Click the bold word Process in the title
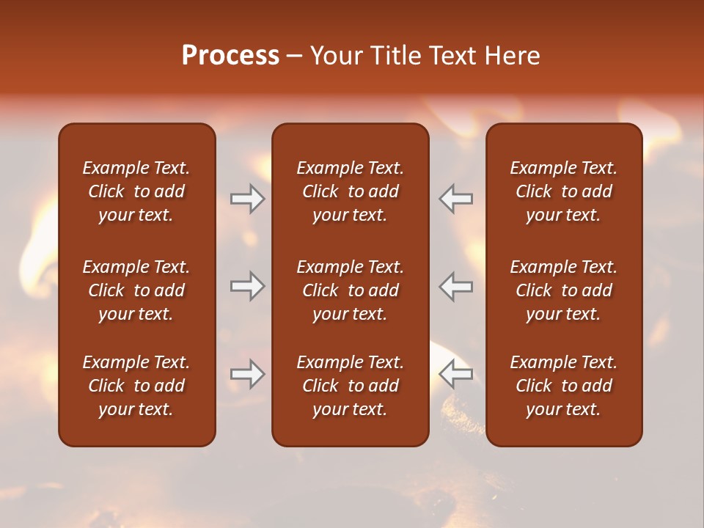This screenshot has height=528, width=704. pyautogui.click(x=230, y=56)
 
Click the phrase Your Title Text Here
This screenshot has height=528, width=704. pyautogui.click(x=425, y=56)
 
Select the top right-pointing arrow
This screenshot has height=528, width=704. pyautogui.click(x=247, y=199)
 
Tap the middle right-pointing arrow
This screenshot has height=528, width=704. pyautogui.click(x=247, y=286)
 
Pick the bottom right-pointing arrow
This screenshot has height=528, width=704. pyautogui.click(x=247, y=374)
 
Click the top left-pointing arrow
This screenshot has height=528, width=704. pyautogui.click(x=455, y=199)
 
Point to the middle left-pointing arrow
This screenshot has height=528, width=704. pyautogui.click(x=455, y=286)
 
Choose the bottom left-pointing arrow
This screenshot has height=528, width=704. pyautogui.click(x=455, y=374)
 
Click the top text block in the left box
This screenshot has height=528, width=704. pyautogui.click(x=136, y=191)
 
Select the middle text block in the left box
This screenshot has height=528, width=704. pyautogui.click(x=136, y=290)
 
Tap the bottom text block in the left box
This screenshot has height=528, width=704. pyautogui.click(x=136, y=386)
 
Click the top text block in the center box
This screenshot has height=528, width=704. pyautogui.click(x=350, y=191)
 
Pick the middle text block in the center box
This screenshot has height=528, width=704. pyautogui.click(x=350, y=290)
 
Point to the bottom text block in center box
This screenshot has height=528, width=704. pyautogui.click(x=350, y=386)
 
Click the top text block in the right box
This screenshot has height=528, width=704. pyautogui.click(x=563, y=191)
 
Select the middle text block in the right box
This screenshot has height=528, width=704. pyautogui.click(x=563, y=290)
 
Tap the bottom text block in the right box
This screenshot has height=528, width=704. pyautogui.click(x=563, y=386)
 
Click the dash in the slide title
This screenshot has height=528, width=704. pyautogui.click(x=295, y=56)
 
